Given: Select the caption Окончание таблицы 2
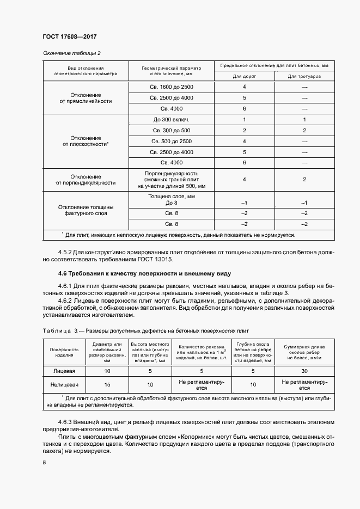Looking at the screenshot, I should click(71, 53).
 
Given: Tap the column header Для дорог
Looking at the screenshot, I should click(244, 76).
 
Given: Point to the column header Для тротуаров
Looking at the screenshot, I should click(304, 76).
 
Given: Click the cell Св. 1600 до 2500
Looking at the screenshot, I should click(171, 87).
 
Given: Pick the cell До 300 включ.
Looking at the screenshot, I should click(171, 120).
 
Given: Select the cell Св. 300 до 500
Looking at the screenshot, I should click(171, 131).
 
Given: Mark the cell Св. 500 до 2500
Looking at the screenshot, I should click(171, 142).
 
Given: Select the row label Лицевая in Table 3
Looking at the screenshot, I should click(64, 371).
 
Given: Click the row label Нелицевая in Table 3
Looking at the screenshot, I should click(64, 385).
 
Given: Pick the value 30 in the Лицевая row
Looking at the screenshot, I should click(304, 371).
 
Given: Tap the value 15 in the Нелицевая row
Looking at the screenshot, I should click(107, 385).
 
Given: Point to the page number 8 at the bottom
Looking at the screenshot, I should click(44, 463).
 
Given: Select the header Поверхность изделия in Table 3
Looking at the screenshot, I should click(64, 352).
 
